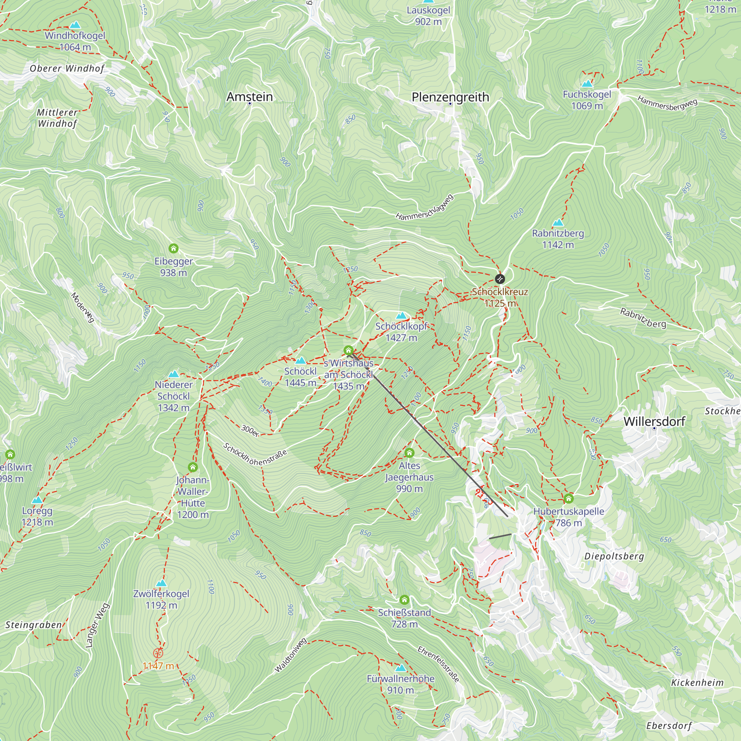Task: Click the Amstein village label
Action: pos(250,97)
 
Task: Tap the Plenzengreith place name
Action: pos(450,97)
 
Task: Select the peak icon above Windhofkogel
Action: pos(75,25)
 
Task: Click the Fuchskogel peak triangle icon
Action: pos(587,84)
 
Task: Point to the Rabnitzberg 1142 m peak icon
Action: pos(558,222)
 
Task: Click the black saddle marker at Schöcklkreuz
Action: pos(500,279)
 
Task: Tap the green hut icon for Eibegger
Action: pos(173,249)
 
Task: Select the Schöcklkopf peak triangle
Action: pos(401,316)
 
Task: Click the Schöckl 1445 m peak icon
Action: pos(300,360)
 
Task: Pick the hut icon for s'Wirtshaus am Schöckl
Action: pos(348,350)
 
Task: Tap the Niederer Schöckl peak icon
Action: pos(174,374)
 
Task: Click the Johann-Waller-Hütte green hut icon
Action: pos(193,467)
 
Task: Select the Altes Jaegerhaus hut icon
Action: pos(409,453)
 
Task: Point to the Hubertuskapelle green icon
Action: pos(568,499)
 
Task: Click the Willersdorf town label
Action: pos(654,422)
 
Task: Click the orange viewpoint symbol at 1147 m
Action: pos(158,653)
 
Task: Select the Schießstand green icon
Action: pos(404,599)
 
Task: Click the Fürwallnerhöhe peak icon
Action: pos(401,668)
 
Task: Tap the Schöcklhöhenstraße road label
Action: pos(255,455)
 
